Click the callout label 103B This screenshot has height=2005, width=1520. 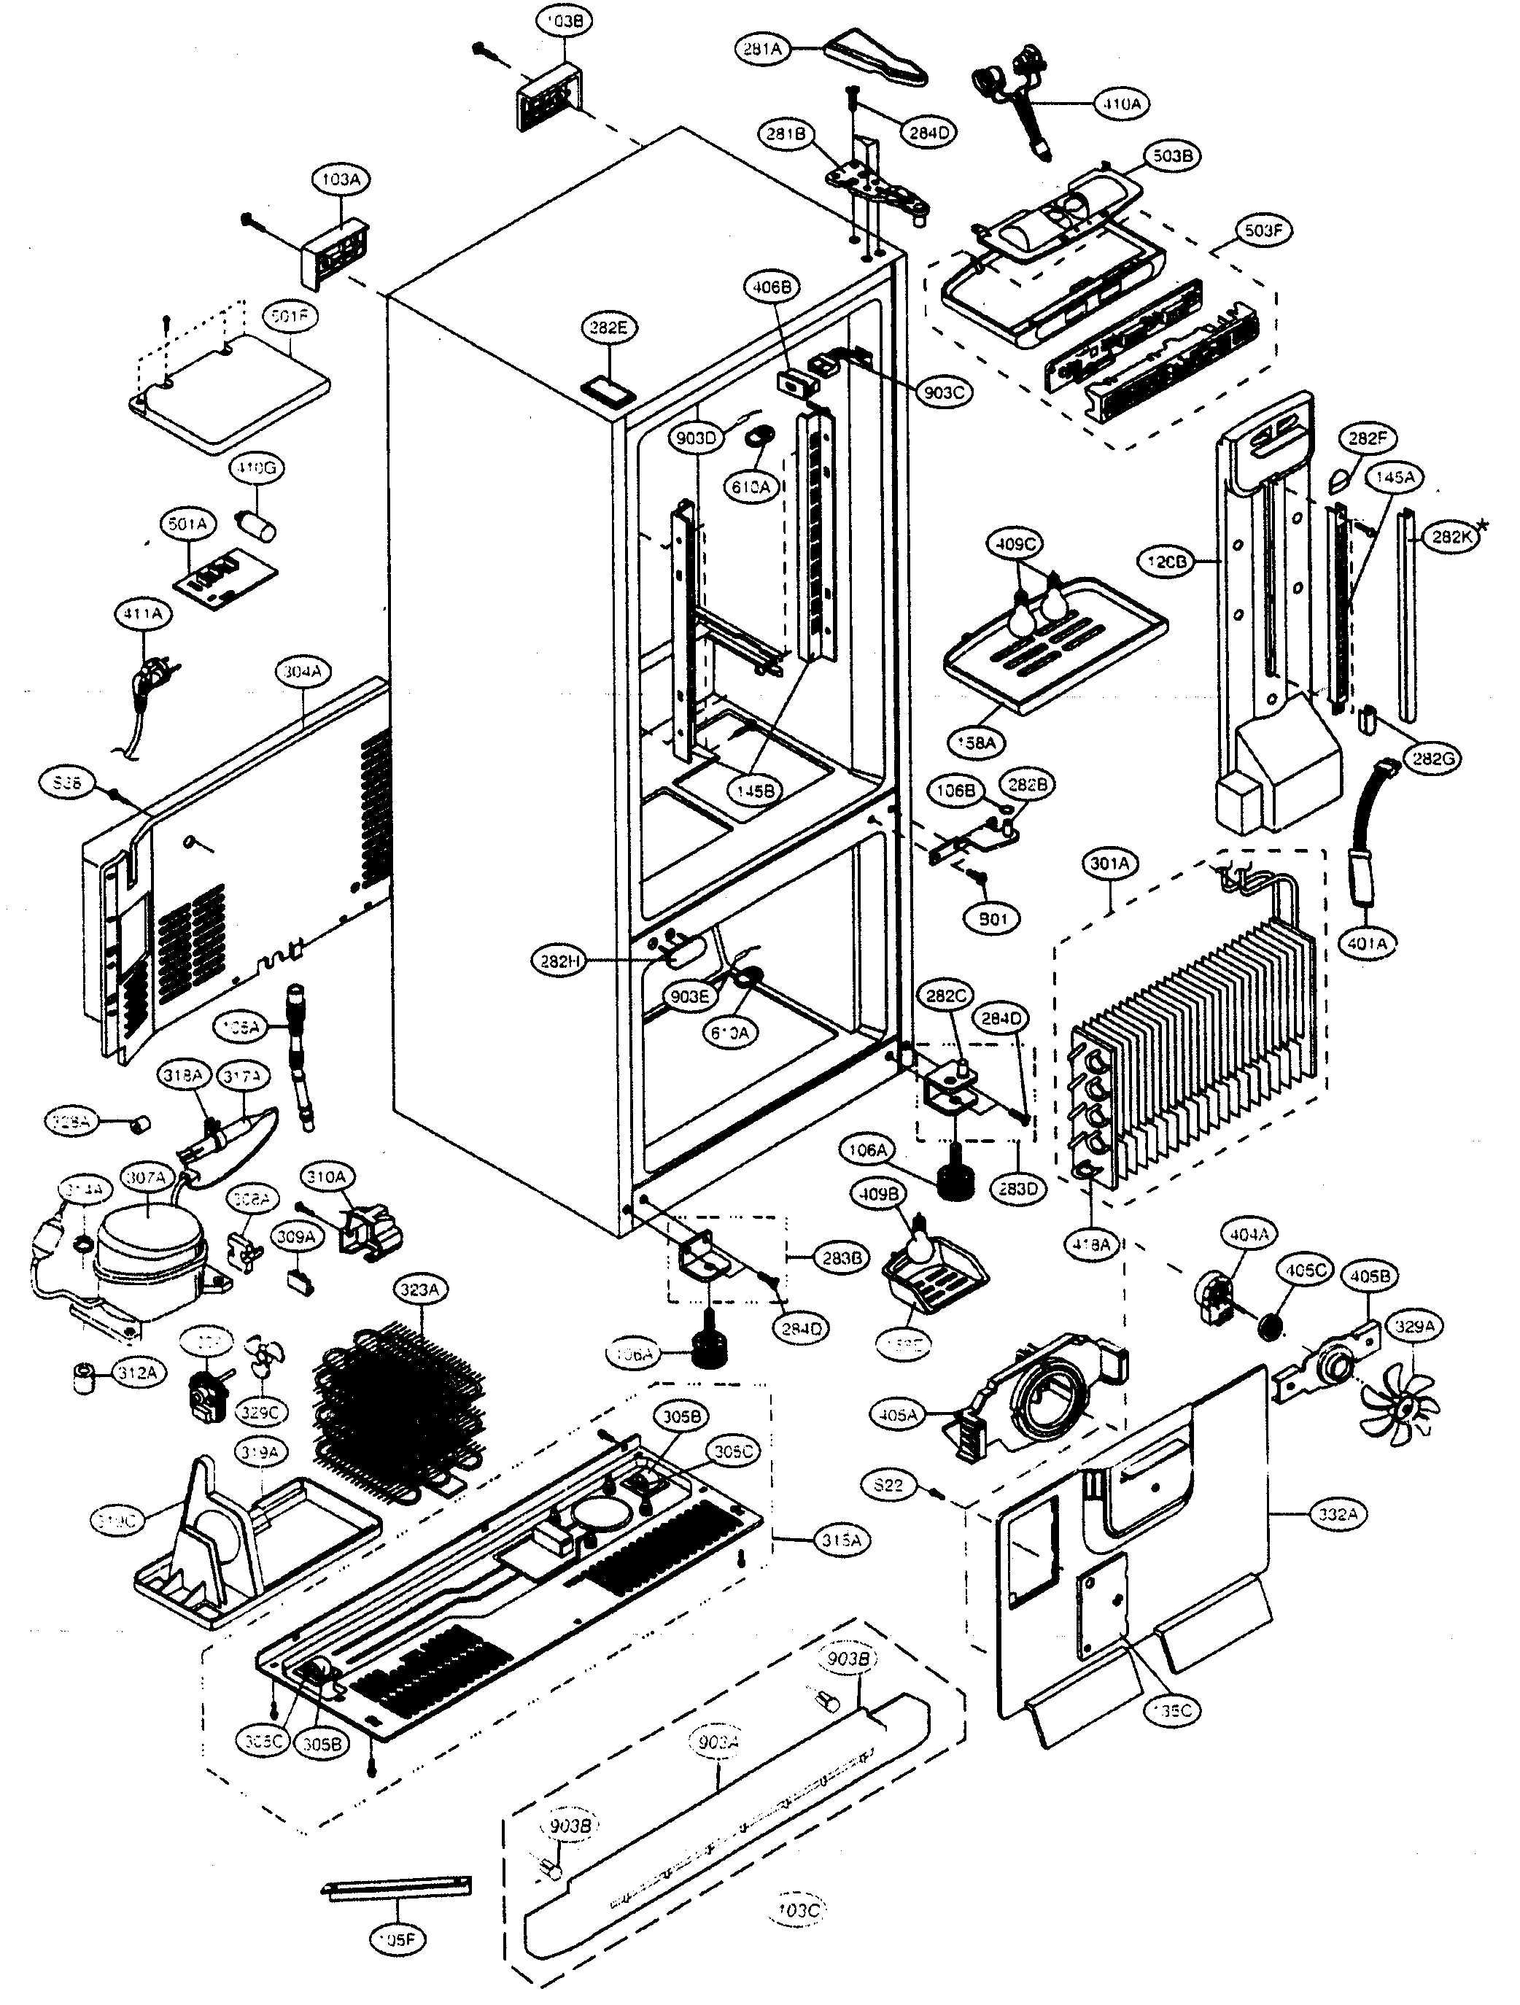pos(564,21)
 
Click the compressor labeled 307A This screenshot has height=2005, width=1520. pos(150,1251)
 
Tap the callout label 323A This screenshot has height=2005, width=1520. pos(419,1290)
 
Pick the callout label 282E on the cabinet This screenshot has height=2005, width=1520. pos(609,329)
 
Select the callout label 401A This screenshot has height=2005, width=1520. pos(1367,944)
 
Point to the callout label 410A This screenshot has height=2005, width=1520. pos(1121,104)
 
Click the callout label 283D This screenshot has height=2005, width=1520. pos(1018,1188)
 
